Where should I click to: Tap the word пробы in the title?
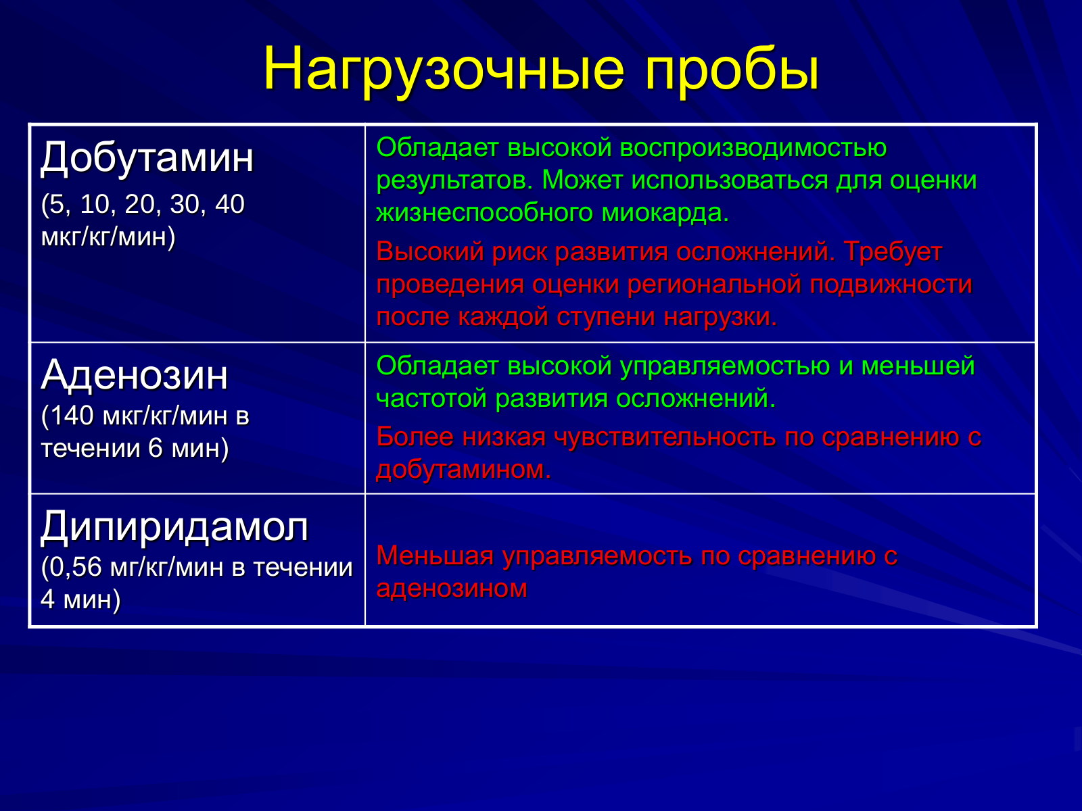tap(732, 69)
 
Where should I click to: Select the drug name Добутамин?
tap(147, 157)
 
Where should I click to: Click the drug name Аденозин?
tap(134, 374)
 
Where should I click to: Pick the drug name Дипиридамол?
tap(174, 527)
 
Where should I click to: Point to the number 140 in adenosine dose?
tap(72, 416)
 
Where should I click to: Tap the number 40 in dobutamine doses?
tap(230, 204)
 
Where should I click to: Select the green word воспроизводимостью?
tap(753, 148)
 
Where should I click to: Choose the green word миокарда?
tap(665, 213)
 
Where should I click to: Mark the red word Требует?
tap(893, 251)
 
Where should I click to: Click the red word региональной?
tap(714, 284)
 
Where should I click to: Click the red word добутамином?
tap(463, 469)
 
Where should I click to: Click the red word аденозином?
tap(452, 589)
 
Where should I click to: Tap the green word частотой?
tap(432, 398)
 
